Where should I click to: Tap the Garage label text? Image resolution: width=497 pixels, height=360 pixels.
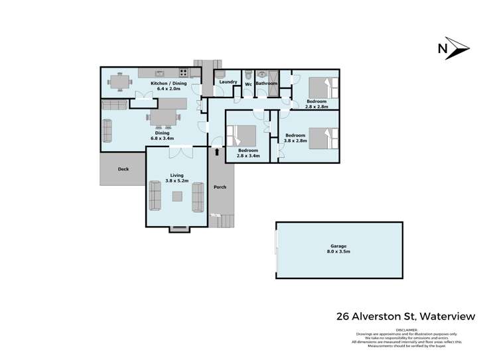pyautogui.click(x=338, y=246)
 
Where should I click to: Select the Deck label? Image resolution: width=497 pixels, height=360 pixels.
pyautogui.click(x=123, y=169)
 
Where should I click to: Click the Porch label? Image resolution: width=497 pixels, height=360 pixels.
pyautogui.click(x=220, y=187)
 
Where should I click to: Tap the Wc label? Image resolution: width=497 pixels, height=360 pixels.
pyautogui.click(x=248, y=84)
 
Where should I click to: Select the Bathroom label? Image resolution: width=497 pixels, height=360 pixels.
pyautogui.click(x=266, y=84)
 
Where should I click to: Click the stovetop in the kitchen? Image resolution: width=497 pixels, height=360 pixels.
pyautogui.click(x=182, y=74)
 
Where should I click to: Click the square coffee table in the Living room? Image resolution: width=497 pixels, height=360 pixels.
pyautogui.click(x=177, y=196)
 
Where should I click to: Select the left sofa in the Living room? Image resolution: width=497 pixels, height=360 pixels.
pyautogui.click(x=155, y=196)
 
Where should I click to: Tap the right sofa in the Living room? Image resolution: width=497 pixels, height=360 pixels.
pyautogui.click(x=198, y=196)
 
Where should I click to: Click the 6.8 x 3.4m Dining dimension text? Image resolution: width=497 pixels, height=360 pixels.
pyautogui.click(x=163, y=139)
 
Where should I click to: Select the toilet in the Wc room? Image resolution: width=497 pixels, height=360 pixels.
pyautogui.click(x=248, y=74)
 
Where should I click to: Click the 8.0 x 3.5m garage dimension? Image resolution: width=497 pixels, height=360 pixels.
pyautogui.click(x=338, y=252)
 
